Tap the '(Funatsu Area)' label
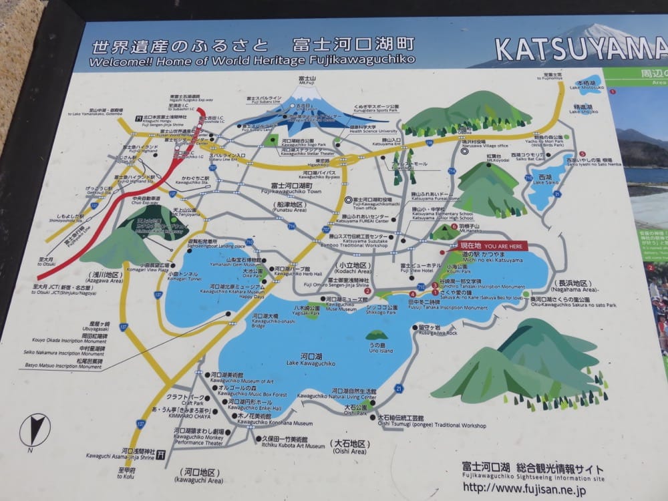point(289,210)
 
